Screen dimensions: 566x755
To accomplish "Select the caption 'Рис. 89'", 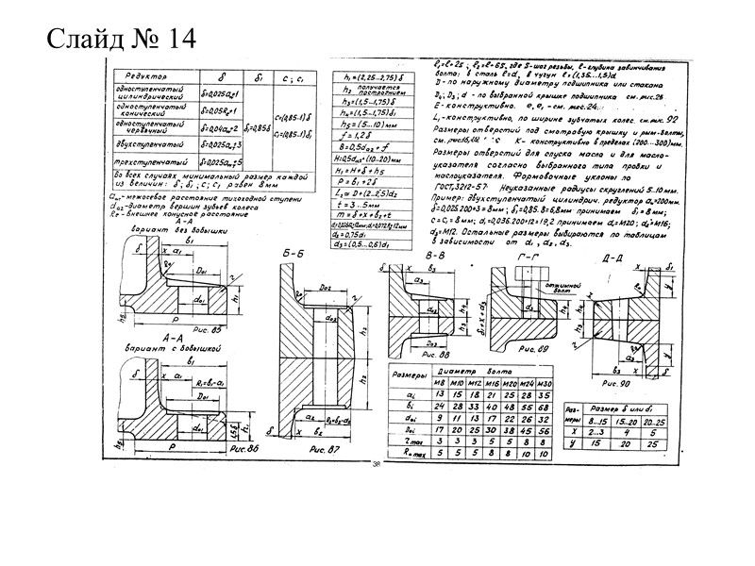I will (x=536, y=350).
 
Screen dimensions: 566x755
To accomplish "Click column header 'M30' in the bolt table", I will (x=543, y=383).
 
